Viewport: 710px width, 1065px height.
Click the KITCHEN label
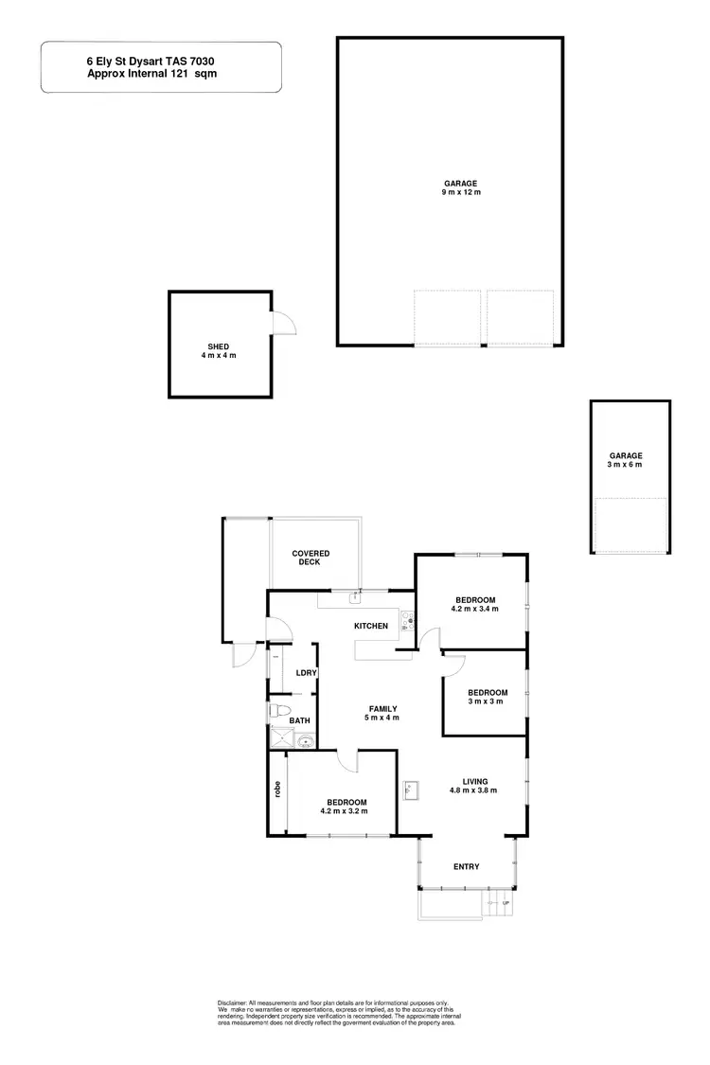pos(371,627)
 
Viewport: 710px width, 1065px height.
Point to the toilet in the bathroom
pos(278,710)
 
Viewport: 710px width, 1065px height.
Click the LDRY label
pos(305,673)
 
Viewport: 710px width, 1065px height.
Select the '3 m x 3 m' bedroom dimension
pos(488,701)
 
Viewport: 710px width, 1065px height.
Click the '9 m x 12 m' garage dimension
pos(461,193)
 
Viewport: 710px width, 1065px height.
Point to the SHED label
pos(219,346)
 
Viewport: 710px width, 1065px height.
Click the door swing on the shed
pos(283,324)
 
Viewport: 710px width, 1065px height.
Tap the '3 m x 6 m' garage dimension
pos(625,465)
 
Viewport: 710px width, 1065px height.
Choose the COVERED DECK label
pos(310,558)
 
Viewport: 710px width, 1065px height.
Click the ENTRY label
pos(467,867)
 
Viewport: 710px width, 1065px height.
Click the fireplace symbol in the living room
pos(411,789)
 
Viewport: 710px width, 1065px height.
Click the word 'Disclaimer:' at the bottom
pos(232,1003)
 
